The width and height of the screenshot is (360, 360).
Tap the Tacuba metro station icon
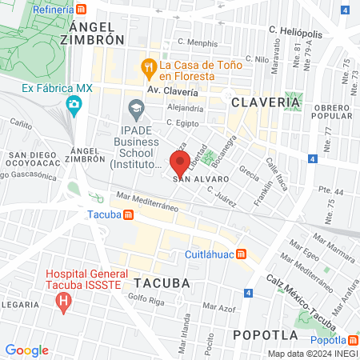[x=128, y=214]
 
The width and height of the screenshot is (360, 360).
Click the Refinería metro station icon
[x=82, y=9]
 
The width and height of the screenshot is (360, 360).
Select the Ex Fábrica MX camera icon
[x=74, y=104]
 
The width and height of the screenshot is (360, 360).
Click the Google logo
[x=26, y=350]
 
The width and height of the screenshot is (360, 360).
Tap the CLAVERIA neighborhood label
[x=266, y=102]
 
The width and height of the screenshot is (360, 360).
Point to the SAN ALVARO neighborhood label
[x=197, y=179]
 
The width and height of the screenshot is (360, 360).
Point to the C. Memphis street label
[x=198, y=42]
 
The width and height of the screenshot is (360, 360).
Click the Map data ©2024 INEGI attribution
[x=312, y=354]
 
